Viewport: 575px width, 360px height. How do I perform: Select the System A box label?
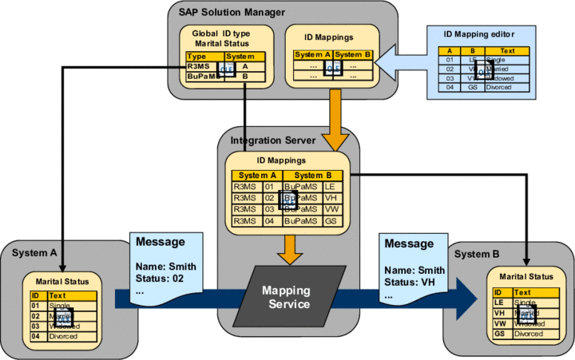pos(36,253)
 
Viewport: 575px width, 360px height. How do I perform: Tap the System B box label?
pos(478,254)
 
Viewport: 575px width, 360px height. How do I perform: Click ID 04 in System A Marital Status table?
pos(35,336)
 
